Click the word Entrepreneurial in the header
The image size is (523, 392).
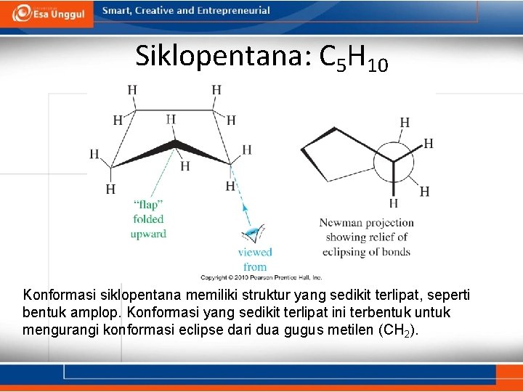pos(231,11)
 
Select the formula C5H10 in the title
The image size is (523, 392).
pos(354,58)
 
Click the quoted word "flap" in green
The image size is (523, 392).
pos(148,204)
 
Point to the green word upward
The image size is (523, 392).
pos(148,234)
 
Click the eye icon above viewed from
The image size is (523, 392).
pos(254,234)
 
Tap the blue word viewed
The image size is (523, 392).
pos(255,252)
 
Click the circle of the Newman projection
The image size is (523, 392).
pos(394,158)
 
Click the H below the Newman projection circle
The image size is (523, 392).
pos(394,203)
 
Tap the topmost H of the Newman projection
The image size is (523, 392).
pos(405,122)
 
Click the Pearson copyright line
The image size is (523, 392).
pos(261,277)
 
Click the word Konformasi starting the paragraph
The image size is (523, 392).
pos(58,296)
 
